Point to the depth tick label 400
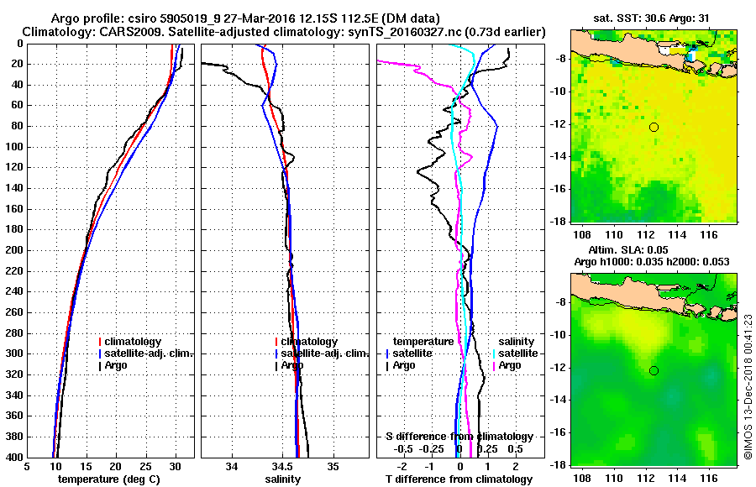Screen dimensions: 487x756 pyautogui.click(x=15, y=457)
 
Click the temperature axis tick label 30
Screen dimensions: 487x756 pyautogui.click(x=175, y=467)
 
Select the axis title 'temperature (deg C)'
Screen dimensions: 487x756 pyautogui.click(x=112, y=479)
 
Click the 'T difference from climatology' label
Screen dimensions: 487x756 pyautogui.click(x=459, y=479)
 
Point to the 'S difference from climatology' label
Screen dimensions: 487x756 pyautogui.click(x=459, y=437)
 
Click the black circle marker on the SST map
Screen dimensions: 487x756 pyautogui.click(x=654, y=127)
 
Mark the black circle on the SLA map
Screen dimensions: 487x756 pyautogui.click(x=654, y=370)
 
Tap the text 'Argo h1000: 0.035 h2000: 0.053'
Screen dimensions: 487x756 pyautogui.click(x=653, y=262)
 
